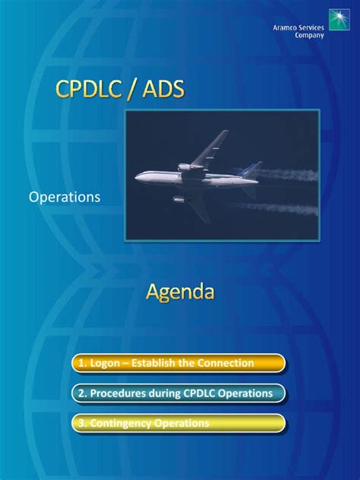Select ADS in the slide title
coord(158,90)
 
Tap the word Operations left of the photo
coord(65,197)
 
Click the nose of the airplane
coord(138,178)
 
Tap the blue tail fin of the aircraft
coord(251,169)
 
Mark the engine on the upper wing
coord(185,166)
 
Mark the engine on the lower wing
coord(179,200)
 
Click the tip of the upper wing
coord(226,132)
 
